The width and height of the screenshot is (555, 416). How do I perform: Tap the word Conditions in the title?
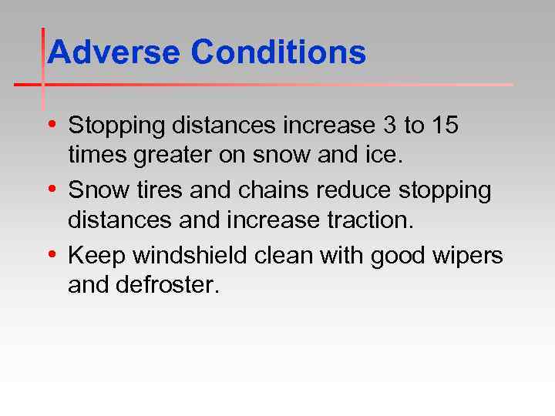point(278,52)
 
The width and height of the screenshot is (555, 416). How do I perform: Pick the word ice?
point(385,156)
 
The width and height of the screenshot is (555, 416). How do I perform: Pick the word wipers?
point(469,256)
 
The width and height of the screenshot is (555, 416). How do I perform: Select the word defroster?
point(168,286)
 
